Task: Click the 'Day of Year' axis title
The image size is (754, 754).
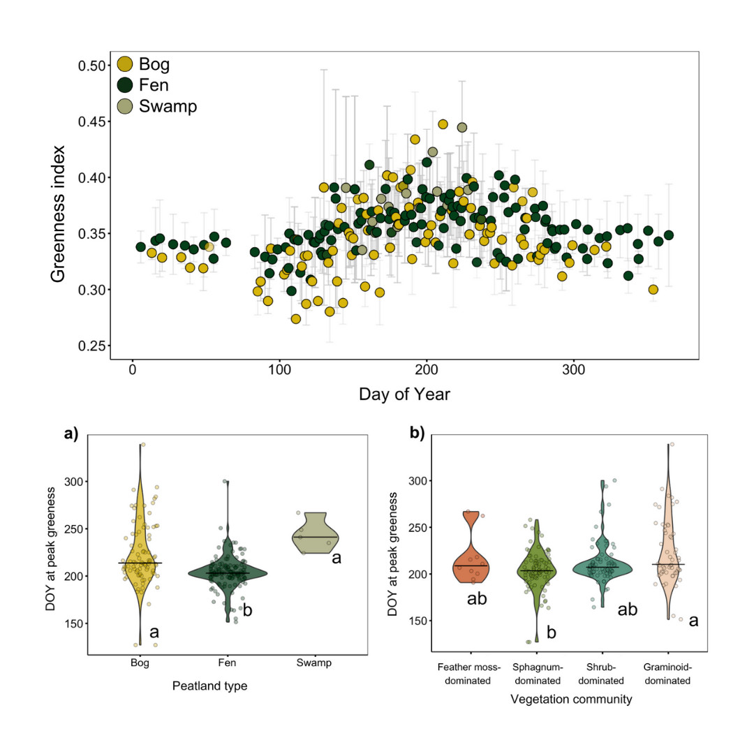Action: (404, 394)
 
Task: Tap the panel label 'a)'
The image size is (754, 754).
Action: (71, 434)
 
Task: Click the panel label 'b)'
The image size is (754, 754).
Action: (417, 434)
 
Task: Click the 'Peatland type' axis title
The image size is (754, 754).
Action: (209, 686)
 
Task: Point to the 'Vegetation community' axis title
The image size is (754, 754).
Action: (572, 698)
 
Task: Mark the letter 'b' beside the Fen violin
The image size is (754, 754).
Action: (247, 610)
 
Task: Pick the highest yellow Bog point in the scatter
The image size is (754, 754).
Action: (443, 124)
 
